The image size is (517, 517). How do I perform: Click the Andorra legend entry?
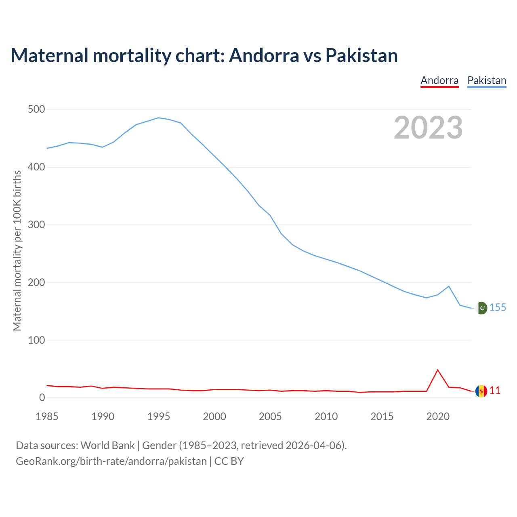[439, 80]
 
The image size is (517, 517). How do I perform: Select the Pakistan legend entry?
[487, 80]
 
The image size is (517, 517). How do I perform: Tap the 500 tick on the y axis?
[36, 109]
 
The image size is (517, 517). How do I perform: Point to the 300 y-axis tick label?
[36, 225]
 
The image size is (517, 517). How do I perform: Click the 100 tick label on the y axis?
[36, 340]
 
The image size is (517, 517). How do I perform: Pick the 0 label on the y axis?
[42, 398]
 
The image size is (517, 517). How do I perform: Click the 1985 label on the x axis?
[47, 416]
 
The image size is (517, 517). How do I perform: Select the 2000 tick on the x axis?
[214, 416]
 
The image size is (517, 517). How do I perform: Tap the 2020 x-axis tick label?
[438, 416]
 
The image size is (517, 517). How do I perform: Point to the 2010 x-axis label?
[326, 416]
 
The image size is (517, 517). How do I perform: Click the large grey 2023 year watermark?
[428, 128]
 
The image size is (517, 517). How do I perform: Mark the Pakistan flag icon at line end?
[481, 308]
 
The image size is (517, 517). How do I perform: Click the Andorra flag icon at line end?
[481, 391]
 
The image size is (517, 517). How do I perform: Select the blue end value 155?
[498, 308]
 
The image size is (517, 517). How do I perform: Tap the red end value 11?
[495, 391]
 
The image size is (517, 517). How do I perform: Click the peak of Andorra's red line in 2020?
[438, 370]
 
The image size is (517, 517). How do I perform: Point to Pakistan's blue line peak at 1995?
[158, 118]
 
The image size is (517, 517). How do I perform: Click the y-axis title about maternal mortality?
[17, 250]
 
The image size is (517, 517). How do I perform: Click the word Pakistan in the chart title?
[361, 55]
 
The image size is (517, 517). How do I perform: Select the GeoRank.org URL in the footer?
[111, 461]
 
